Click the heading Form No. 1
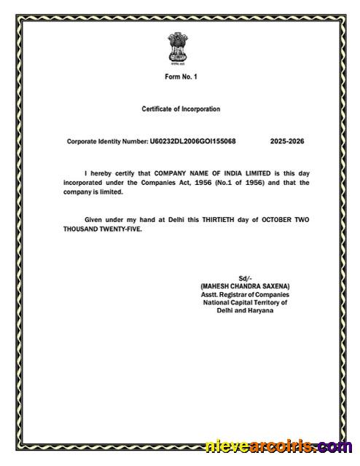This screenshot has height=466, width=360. [x=180, y=76]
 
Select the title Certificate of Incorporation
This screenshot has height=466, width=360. [x=180, y=109]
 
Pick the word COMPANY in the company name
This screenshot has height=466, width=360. [x=173, y=173]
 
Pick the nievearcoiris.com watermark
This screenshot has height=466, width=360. [x=279, y=446]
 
